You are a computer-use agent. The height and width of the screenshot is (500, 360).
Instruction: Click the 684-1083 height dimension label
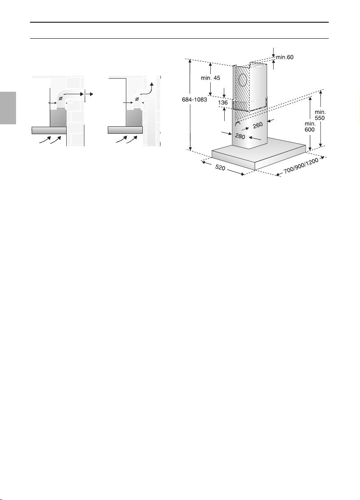[x=194, y=100]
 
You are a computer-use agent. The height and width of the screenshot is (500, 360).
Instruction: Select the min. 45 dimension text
[x=210, y=78]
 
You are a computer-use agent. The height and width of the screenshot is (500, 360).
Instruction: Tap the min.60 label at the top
[x=285, y=57]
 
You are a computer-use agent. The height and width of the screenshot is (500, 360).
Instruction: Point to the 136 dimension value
[x=223, y=102]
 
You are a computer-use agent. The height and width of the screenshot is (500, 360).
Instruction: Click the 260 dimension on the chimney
[x=258, y=125]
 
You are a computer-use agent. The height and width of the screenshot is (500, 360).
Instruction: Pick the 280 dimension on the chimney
[x=240, y=136]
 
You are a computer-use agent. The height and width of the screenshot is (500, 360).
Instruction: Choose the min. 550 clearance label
[x=320, y=115]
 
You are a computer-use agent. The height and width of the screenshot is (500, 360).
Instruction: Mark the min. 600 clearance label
[x=310, y=127]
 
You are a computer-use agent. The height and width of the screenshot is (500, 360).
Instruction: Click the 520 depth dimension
[x=220, y=167]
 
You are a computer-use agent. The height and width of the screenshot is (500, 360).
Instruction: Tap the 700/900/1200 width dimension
[x=301, y=165]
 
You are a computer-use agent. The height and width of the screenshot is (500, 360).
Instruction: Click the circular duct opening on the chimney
[x=243, y=80]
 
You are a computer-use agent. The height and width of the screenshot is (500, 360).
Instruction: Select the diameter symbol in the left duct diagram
[x=60, y=98]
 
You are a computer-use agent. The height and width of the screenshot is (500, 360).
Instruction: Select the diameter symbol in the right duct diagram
[x=137, y=99]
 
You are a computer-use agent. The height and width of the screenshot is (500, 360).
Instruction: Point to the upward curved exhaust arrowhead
[x=152, y=84]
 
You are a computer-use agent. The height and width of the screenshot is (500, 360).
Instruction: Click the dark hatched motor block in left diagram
[x=58, y=118]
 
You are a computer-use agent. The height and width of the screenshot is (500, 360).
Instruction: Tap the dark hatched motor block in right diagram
[x=135, y=118]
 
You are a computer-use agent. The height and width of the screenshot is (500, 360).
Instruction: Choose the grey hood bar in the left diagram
[x=49, y=130]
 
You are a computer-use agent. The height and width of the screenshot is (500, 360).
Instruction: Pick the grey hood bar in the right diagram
[x=125, y=130]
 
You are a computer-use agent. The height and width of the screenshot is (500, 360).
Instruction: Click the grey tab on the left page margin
[x=8, y=108]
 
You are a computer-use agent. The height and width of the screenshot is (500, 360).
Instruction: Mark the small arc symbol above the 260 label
[x=237, y=123]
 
